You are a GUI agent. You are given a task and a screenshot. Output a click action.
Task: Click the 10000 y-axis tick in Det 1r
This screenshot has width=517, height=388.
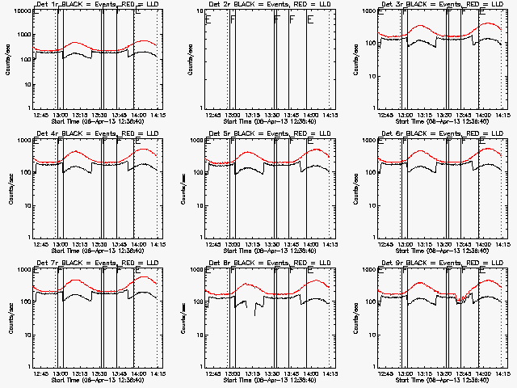point(20,12)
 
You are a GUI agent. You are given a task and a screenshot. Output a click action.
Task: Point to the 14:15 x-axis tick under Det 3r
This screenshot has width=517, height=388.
point(501,115)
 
